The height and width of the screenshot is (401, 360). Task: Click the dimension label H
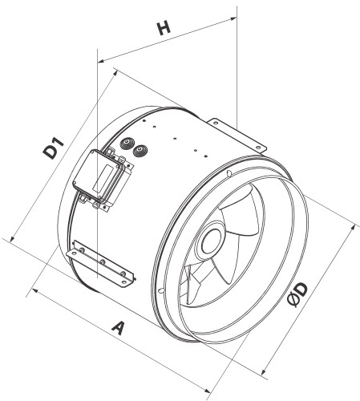point(164,29)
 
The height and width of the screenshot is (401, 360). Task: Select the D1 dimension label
point(54,148)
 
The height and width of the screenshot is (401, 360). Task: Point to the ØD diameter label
point(297,295)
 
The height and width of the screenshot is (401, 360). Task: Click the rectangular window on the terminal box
point(103,176)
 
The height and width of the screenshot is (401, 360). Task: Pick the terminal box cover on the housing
point(99,176)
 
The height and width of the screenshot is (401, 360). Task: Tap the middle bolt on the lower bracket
point(102,262)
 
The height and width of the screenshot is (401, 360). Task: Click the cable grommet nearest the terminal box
point(127,144)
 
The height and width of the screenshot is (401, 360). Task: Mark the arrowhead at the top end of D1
point(115,73)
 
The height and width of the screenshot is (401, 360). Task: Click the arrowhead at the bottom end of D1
point(12,240)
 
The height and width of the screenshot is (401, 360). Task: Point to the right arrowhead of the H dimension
point(233,18)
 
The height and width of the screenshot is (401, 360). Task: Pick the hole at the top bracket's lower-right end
point(258,148)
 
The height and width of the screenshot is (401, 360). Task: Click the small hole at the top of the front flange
point(229,173)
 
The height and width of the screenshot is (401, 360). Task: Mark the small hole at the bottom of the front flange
point(160,290)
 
